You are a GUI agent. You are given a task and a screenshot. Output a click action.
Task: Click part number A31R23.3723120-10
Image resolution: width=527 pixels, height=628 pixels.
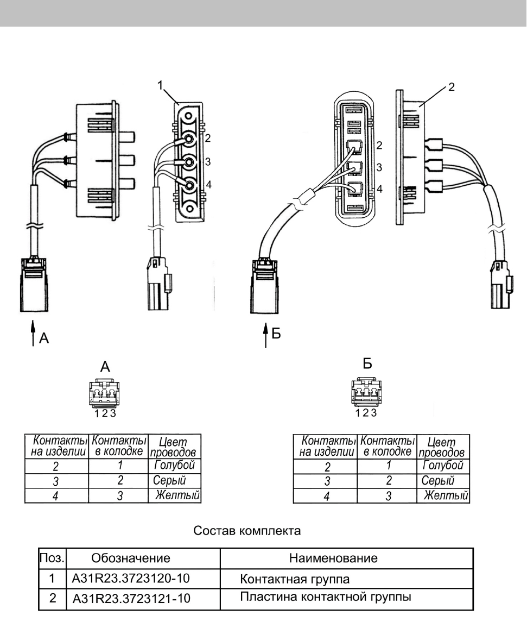coord(130,579)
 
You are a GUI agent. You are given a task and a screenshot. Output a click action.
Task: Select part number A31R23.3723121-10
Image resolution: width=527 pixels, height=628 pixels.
coord(131,598)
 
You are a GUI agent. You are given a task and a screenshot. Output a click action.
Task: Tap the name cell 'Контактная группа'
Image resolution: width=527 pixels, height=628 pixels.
coord(295,579)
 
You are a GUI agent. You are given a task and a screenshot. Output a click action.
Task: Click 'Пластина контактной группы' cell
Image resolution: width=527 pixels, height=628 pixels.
coord(325,597)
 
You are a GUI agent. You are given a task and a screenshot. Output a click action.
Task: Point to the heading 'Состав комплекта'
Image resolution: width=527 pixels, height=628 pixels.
coord(247,531)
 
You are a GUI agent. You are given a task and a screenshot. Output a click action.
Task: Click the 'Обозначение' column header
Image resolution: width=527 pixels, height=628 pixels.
coord(131,558)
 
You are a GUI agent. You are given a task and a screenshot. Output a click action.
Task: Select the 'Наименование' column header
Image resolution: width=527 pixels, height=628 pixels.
coord(333,558)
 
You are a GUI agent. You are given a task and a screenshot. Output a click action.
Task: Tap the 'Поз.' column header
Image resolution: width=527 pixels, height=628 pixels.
coord(52,558)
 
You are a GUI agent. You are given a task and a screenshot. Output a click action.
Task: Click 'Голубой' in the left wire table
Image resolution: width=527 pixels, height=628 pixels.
coord(174,465)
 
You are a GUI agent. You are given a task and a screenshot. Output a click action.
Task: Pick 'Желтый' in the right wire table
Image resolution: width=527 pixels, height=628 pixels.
coord(446,495)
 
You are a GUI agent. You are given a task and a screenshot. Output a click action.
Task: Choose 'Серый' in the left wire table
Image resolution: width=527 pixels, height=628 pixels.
coord(169,480)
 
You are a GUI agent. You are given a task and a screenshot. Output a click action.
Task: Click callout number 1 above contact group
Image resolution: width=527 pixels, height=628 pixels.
coord(160,85)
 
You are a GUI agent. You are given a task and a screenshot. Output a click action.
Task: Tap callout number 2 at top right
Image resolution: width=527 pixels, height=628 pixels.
coord(452,87)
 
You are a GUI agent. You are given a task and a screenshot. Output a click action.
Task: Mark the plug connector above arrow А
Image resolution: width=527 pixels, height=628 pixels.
coord(34,285)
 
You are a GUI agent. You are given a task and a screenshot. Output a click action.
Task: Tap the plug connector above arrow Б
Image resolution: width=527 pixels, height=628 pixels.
coord(264,286)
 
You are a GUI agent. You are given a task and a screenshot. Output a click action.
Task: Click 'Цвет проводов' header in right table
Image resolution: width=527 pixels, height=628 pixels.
coord(442,448)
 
